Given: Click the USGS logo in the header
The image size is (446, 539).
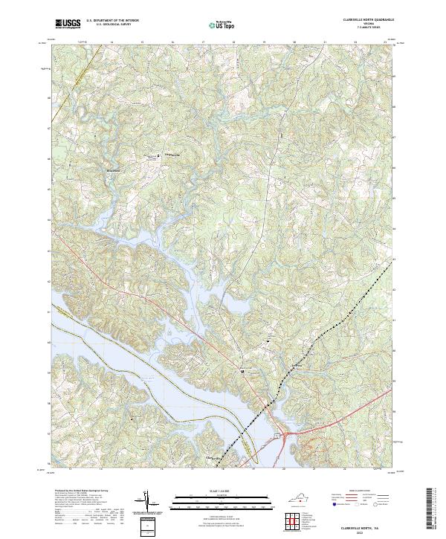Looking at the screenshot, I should click(68, 24).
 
